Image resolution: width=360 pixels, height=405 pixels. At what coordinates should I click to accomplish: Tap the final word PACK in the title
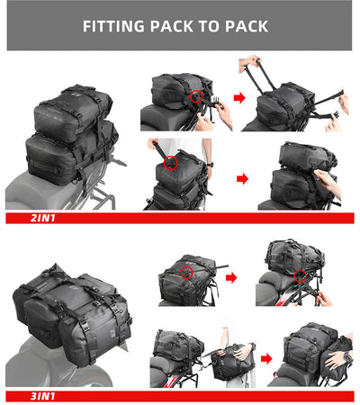click(245, 26)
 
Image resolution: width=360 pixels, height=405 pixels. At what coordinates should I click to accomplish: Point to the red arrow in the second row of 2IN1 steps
click(241, 178)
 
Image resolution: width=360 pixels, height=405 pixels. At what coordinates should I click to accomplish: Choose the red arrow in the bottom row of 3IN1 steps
click(265, 358)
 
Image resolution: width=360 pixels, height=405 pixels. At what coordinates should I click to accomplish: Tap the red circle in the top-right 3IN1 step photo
click(299, 274)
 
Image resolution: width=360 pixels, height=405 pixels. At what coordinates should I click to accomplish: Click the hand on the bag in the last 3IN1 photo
click(338, 357)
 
